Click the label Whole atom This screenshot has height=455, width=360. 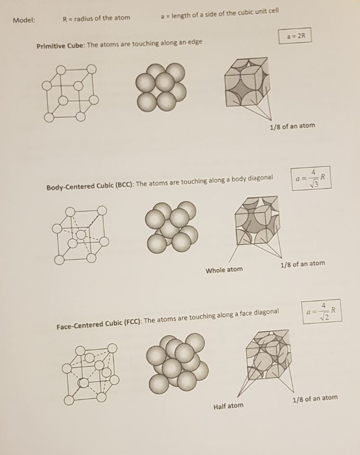[x=224, y=270]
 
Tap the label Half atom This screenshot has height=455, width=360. [x=228, y=406]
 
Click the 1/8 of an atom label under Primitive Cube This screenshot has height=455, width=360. [x=292, y=126]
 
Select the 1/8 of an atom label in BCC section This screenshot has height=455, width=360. [x=302, y=264]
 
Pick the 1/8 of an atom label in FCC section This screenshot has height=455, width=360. [x=314, y=399]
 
